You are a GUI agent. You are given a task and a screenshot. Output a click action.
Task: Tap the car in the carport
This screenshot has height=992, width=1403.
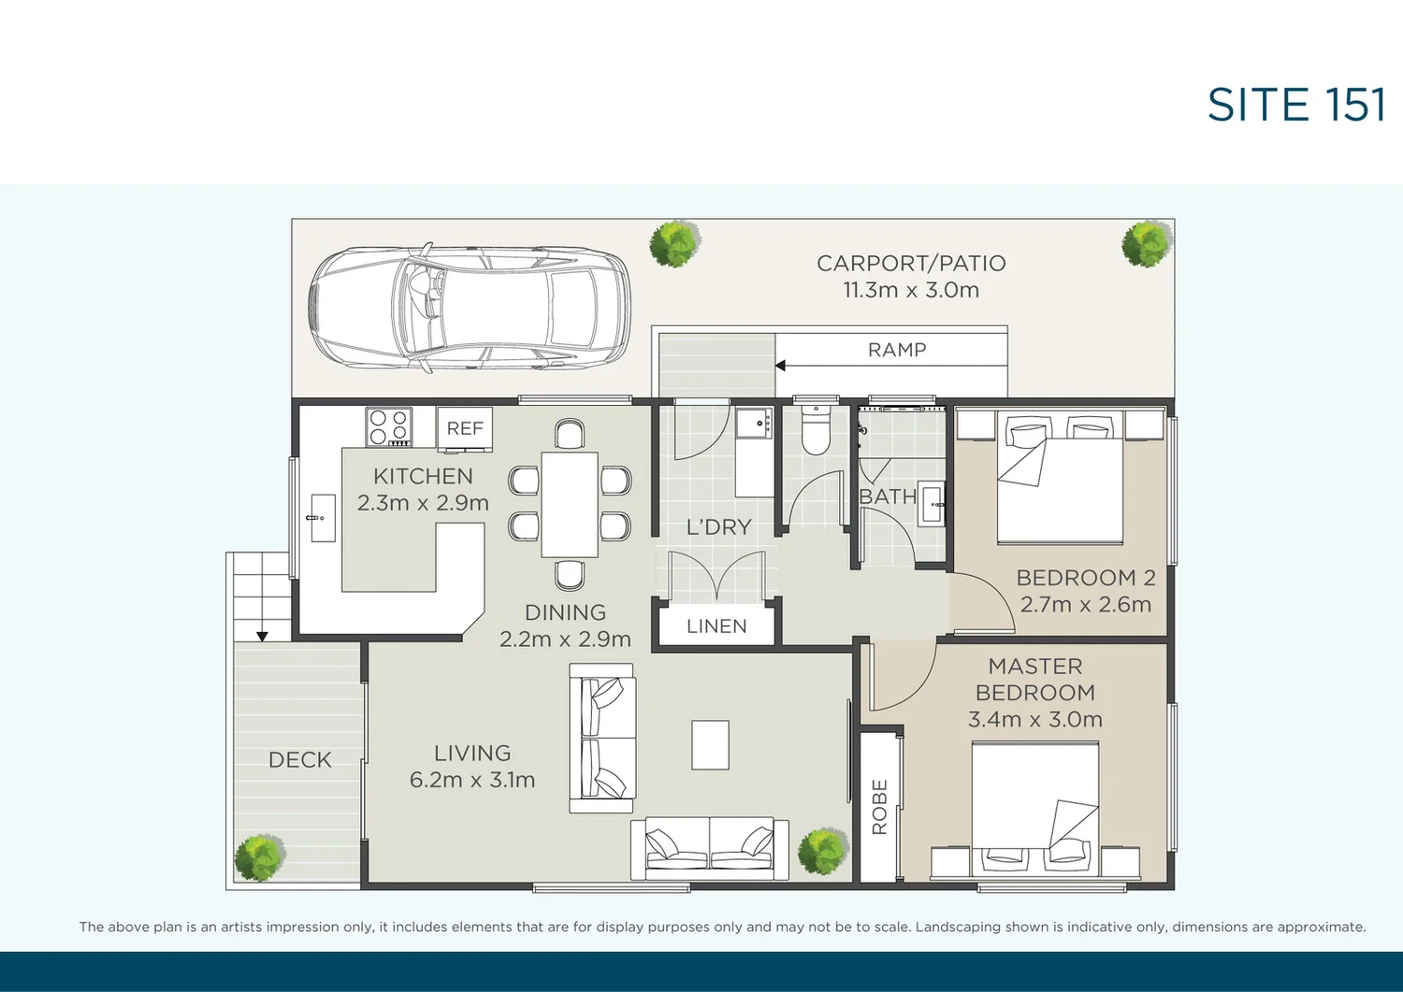coord(470,308)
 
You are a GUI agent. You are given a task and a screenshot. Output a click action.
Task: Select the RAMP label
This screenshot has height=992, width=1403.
coord(896,350)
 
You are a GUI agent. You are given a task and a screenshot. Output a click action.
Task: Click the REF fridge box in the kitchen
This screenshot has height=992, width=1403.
coord(465,428)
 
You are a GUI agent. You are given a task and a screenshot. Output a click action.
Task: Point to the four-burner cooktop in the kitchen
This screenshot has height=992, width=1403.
coord(389,426)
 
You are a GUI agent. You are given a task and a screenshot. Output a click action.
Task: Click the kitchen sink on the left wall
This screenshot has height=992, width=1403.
coord(322,517)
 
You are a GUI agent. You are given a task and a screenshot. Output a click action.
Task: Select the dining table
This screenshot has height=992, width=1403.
coord(569,504)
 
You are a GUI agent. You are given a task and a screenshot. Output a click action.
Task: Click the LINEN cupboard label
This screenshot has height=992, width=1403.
coord(716,626)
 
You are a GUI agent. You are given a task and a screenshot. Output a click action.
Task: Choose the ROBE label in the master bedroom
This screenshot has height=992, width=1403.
coord(879,806)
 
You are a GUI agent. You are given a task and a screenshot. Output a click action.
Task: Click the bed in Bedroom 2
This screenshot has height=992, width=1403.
coord(1060,477)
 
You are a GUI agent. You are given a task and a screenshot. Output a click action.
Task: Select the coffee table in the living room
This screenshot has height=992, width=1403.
coord(710,744)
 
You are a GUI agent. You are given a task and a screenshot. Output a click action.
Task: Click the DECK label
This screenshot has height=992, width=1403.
coord(299,760)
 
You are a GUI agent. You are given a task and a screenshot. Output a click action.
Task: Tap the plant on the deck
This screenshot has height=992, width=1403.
coord(259,857)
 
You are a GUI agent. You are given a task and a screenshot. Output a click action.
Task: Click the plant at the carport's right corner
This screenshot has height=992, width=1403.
coord(1147,243)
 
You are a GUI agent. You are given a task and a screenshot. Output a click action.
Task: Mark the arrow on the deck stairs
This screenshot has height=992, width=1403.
coord(262,635)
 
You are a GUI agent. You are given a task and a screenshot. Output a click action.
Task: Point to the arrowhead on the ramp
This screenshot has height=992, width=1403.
coord(780,366)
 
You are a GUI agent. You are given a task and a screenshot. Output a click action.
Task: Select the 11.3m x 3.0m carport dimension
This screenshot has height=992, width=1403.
coord(910,290)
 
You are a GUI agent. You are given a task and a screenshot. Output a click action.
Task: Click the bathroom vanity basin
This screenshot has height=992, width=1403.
coord(933,504)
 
